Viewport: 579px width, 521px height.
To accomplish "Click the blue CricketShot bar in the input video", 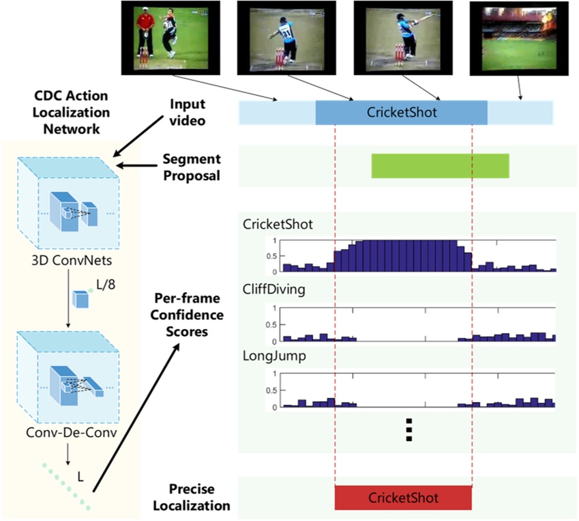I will tap(401, 113).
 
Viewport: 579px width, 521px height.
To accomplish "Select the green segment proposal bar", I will tap(440, 166).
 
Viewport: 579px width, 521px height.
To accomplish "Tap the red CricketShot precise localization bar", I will tap(403, 497).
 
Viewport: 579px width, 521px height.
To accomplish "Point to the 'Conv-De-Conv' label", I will tap(71, 432).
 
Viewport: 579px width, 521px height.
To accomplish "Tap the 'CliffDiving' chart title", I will tap(274, 290).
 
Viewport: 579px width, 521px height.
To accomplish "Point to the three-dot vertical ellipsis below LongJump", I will tap(409, 430).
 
